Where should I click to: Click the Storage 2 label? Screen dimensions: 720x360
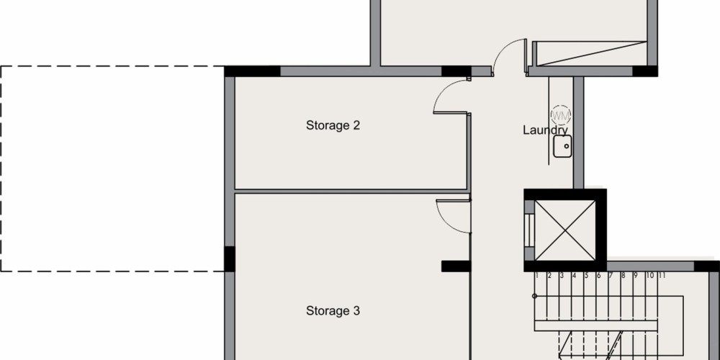click(x=333, y=125)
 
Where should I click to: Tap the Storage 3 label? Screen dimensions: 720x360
click(x=333, y=311)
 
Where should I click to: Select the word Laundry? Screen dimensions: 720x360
click(x=546, y=131)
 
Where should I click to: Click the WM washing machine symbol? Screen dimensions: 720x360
click(x=561, y=114)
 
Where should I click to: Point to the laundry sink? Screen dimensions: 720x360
click(x=562, y=146)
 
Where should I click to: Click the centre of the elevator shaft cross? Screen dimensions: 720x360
click(x=565, y=230)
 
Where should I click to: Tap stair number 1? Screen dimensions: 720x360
click(x=537, y=276)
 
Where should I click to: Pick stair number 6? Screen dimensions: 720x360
click(x=599, y=276)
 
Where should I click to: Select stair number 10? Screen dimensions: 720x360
click(x=649, y=276)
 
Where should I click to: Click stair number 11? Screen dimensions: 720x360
click(x=662, y=276)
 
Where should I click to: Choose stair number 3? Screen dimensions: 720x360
click(x=562, y=276)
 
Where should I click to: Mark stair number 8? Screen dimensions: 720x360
click(x=624, y=276)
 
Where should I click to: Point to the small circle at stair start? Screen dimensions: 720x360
click(x=534, y=296)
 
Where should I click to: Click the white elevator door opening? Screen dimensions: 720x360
click(x=529, y=230)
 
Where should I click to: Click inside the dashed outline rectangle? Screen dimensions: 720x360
click(x=112, y=168)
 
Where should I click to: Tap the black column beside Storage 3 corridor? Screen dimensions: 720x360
click(x=456, y=266)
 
